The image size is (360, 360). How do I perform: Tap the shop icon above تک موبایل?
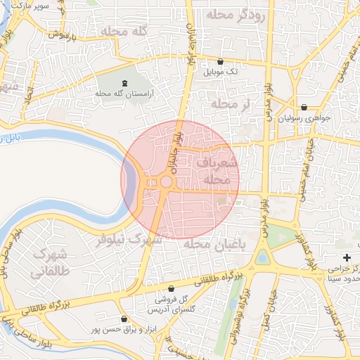coord(220,62)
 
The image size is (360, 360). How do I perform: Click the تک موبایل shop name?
coord(221,72)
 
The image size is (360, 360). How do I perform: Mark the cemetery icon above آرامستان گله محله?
coord(126,84)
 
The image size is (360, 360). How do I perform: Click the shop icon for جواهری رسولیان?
coord(304,108)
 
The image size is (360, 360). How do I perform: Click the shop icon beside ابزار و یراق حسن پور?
coord(124,319)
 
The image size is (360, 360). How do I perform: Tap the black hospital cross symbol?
coord(347,257)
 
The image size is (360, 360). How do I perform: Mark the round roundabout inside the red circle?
coord(167,182)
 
